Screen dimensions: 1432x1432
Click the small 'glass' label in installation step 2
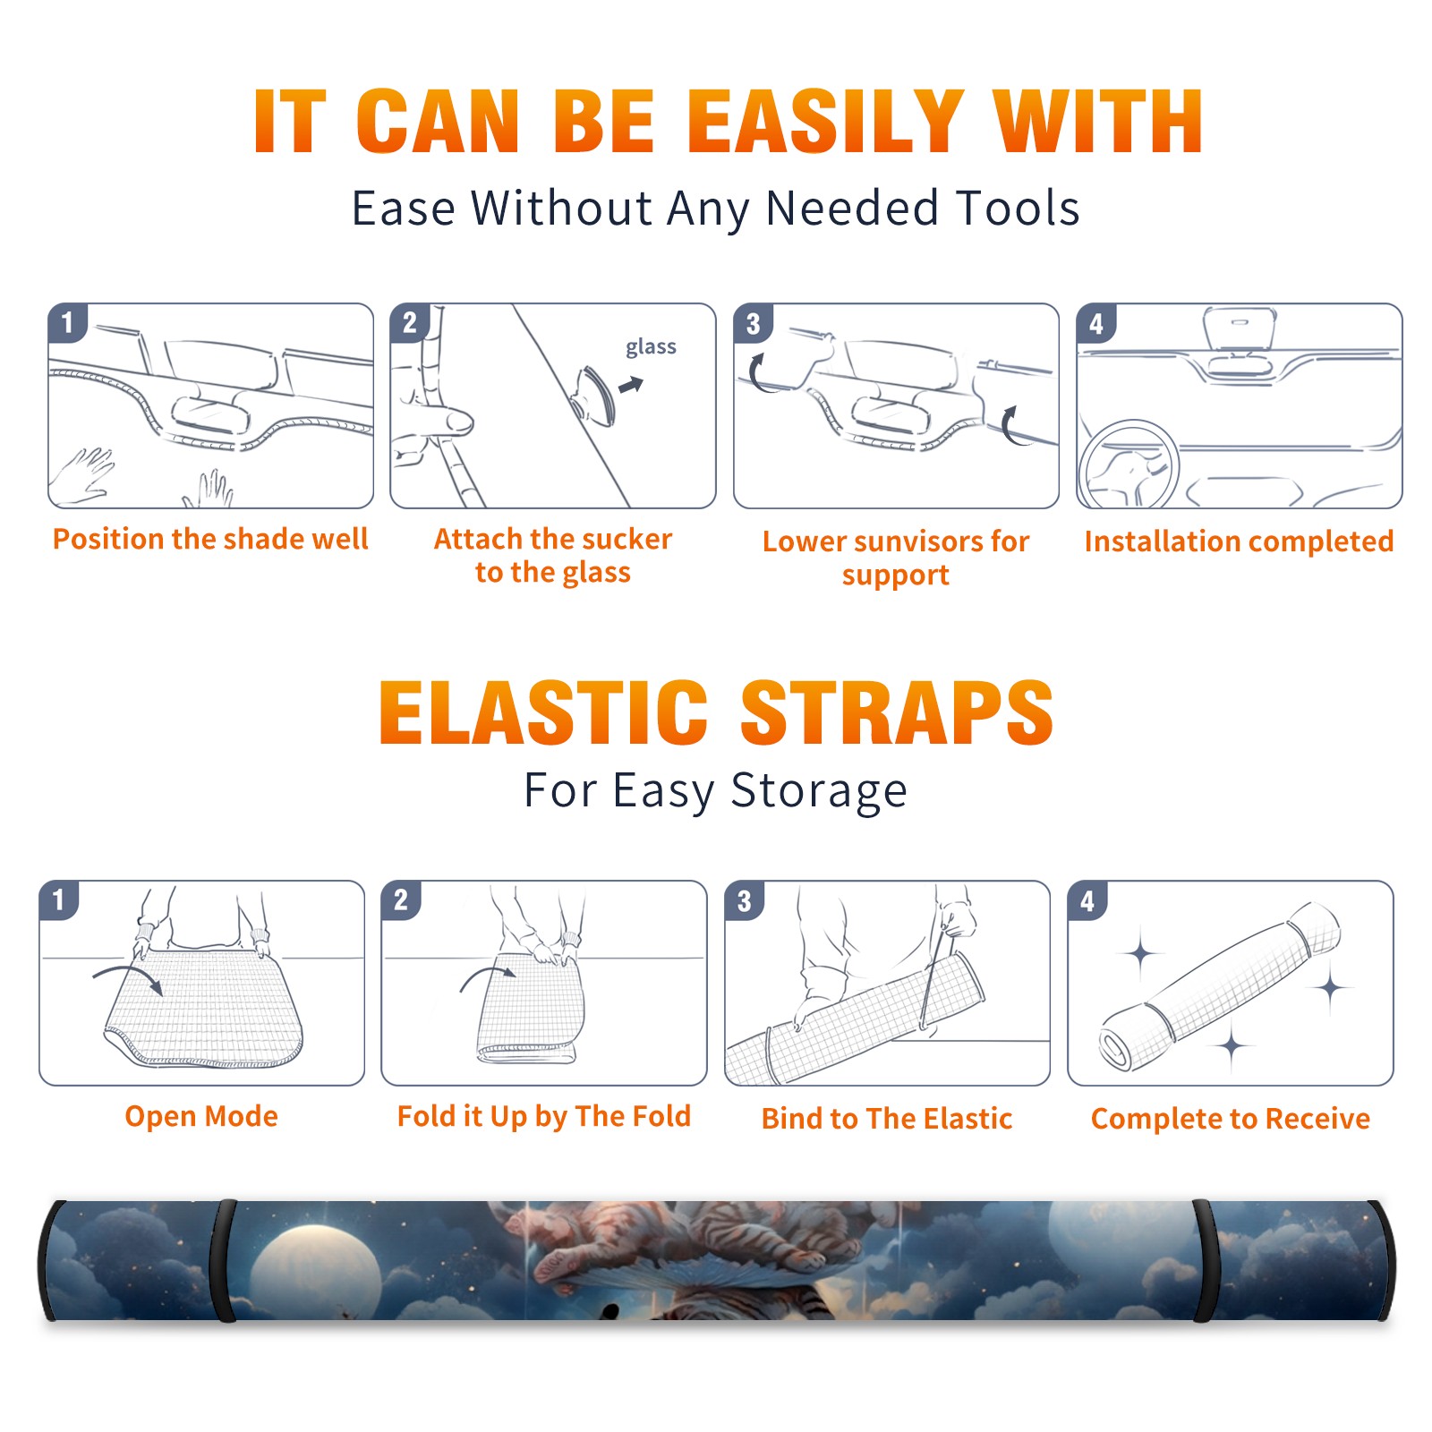[651, 347]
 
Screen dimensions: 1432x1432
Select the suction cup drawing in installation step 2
[593, 395]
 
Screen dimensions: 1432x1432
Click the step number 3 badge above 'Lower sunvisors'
[753, 324]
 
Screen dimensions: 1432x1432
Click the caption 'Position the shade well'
[210, 539]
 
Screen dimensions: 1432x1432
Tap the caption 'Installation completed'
[1239, 541]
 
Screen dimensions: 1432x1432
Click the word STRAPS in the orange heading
[897, 712]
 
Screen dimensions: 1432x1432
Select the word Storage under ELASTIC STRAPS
[819, 791]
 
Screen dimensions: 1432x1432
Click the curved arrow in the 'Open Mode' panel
[128, 977]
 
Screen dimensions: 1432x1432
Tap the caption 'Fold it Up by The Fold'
[544, 1116]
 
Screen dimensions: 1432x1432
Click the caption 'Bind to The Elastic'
[887, 1119]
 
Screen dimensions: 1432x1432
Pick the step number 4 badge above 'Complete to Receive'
[1087, 901]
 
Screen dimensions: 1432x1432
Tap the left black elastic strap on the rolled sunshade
[224, 1261]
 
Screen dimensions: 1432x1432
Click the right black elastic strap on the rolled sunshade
[1204, 1261]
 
